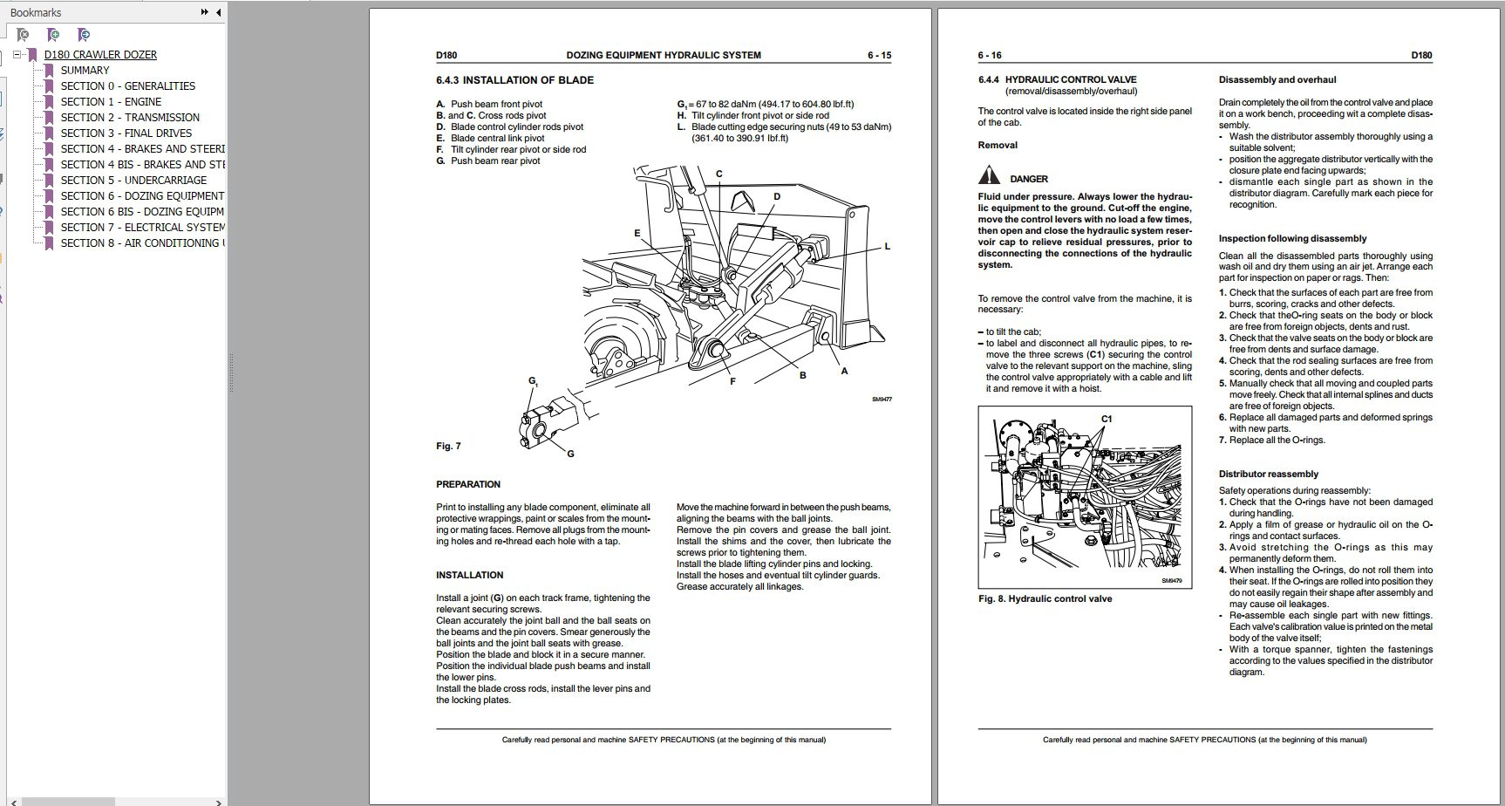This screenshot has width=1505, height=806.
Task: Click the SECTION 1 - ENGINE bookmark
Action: [111, 101]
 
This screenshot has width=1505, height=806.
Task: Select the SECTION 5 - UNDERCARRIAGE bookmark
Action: [133, 180]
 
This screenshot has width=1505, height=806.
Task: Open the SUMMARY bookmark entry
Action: [85, 70]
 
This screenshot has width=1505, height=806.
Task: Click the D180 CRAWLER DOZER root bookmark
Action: [100, 54]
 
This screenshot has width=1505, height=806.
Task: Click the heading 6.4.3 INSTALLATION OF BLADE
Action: [514, 80]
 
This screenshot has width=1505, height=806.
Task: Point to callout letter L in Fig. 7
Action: [887, 247]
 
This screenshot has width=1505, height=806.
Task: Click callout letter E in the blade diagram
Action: [637, 234]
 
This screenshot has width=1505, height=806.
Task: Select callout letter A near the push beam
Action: [843, 371]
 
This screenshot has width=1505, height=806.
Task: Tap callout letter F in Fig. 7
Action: [732, 382]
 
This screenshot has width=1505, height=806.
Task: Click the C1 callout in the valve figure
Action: [1107, 420]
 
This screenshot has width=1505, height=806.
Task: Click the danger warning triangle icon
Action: [987, 177]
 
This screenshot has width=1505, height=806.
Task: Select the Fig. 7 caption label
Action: [448, 447]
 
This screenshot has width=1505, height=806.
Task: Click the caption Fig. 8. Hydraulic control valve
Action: [1045, 598]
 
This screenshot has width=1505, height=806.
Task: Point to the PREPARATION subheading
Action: [468, 484]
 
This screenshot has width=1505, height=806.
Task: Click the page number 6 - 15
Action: [879, 55]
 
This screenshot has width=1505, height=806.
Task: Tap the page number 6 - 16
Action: [990, 55]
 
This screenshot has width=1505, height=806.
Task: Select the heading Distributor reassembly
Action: [1268, 475]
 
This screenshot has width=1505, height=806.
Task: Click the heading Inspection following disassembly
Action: [1292, 238]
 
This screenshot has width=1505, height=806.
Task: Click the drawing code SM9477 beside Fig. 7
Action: [882, 400]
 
